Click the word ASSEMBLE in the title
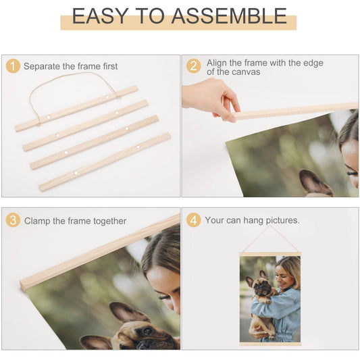pyautogui.click(x=229, y=16)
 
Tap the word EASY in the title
pyautogui.click(x=100, y=16)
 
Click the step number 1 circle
pyautogui.click(x=13, y=66)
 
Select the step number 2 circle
pyautogui.click(x=194, y=66)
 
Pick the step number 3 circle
pyautogui.click(x=13, y=220)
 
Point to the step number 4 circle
pyautogui.click(x=194, y=220)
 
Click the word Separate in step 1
pyautogui.click(x=42, y=66)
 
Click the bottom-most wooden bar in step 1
pyautogui.click(x=105, y=162)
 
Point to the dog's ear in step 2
pyautogui.click(x=315, y=183)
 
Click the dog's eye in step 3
pyautogui.click(x=147, y=330)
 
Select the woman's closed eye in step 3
pyautogui.click(x=163, y=297)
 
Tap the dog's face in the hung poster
pyautogui.click(x=261, y=286)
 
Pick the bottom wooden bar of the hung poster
pyautogui.click(x=270, y=344)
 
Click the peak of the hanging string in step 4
pyautogui.click(x=269, y=226)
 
